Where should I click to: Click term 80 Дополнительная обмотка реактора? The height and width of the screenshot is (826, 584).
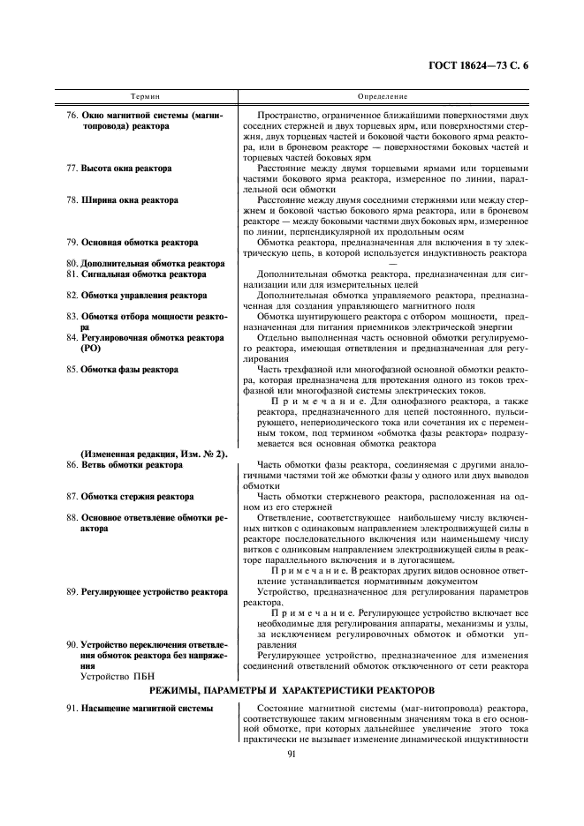[x=145, y=263]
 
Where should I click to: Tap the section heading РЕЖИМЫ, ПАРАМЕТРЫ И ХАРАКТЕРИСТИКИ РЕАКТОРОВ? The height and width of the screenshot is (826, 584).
[x=292, y=689]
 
